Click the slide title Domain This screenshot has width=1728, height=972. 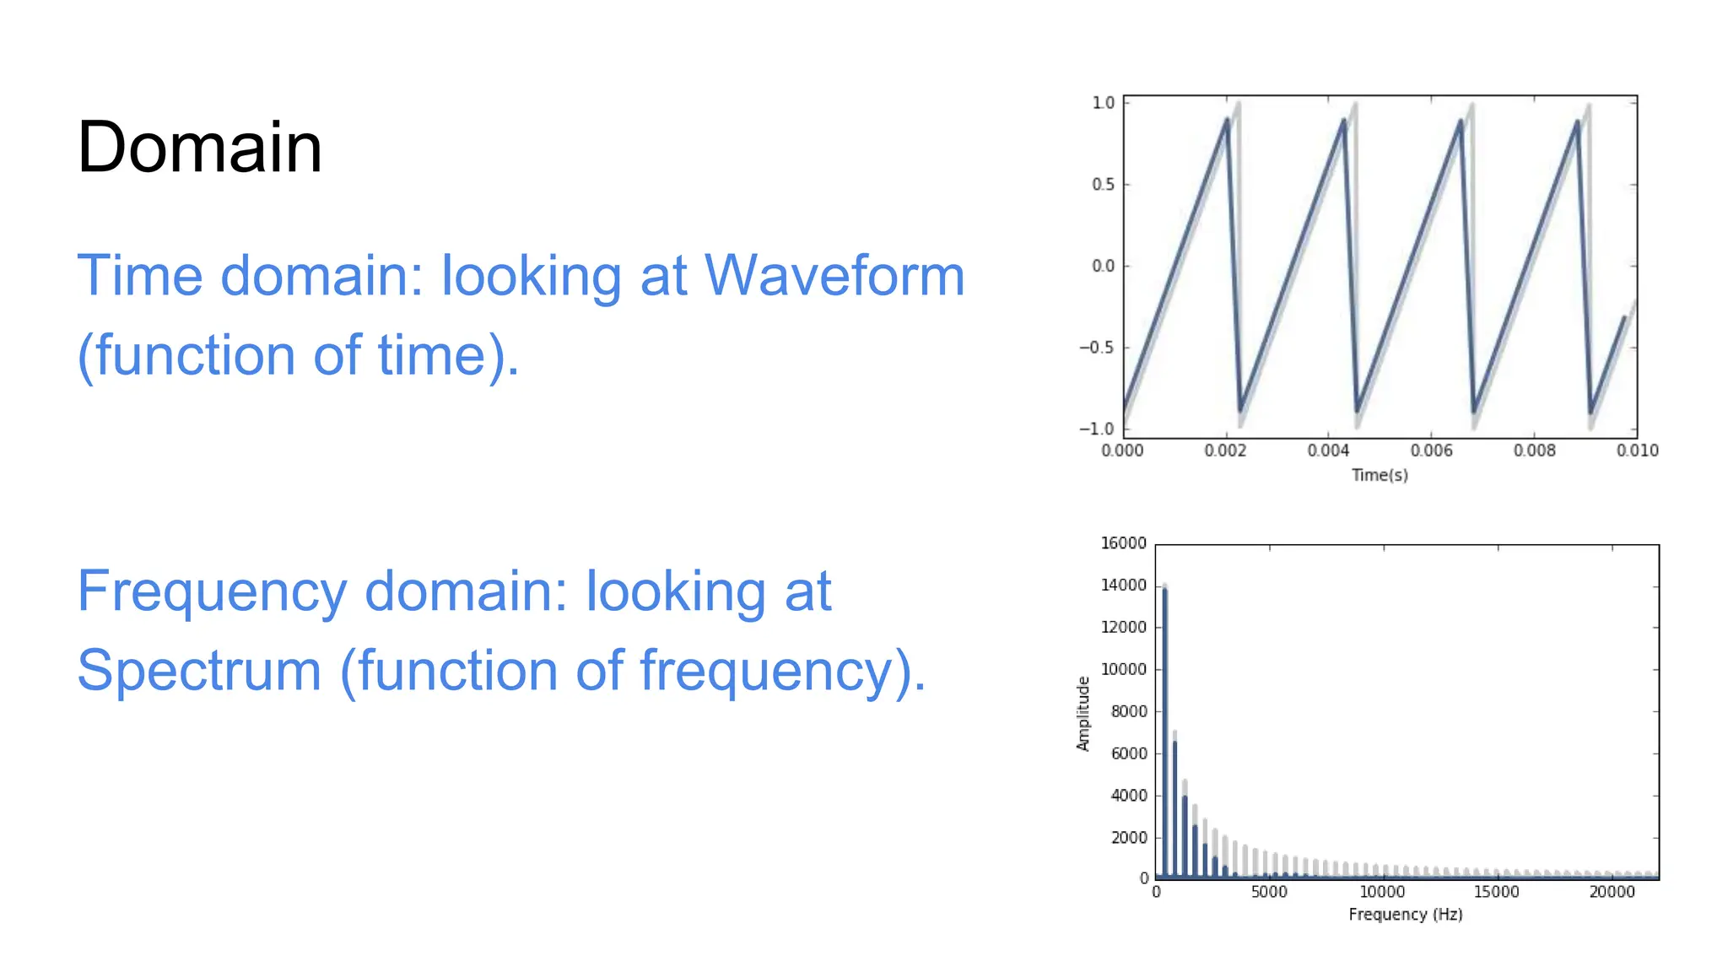click(199, 148)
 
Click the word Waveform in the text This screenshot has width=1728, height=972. click(834, 276)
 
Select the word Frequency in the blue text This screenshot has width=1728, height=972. click(212, 591)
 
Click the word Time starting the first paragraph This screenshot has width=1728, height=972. click(140, 276)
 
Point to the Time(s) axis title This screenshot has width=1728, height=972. click(1380, 475)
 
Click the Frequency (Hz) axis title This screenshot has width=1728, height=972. click(1405, 914)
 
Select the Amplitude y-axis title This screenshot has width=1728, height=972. click(1083, 713)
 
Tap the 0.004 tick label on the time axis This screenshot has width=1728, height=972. click(1328, 451)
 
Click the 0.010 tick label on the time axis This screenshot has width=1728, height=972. click(1637, 451)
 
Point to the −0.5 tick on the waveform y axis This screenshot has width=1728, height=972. click(1096, 348)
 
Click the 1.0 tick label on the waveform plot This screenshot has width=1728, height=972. click(1103, 103)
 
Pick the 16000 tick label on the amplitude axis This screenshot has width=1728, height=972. click(1123, 543)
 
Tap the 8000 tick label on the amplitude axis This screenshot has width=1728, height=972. click(1128, 711)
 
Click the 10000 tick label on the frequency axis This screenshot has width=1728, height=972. click(1382, 892)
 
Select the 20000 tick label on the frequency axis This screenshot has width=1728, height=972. click(1612, 892)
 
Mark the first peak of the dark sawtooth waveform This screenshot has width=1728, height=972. click(1227, 120)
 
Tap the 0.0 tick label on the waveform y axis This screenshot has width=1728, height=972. click(1103, 266)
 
